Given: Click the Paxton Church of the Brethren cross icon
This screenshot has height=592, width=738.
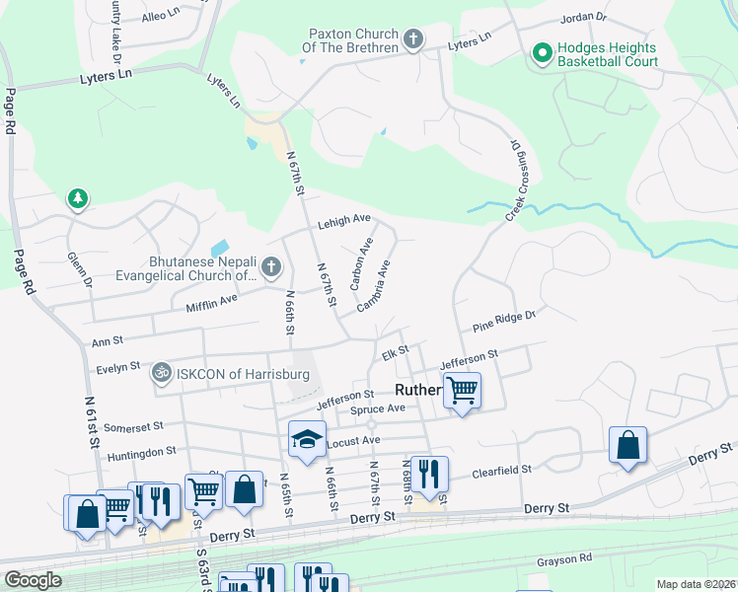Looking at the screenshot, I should coord(413,40).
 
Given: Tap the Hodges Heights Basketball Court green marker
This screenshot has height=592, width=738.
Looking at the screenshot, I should coord(542,52).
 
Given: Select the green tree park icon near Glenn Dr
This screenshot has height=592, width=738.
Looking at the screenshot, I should coord(77,199).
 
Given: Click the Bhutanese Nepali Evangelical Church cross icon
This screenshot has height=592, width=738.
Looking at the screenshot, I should coord(271,266).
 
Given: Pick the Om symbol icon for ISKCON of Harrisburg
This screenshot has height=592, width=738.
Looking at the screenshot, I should coord(160,374).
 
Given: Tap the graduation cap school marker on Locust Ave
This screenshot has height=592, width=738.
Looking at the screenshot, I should coord(307,439).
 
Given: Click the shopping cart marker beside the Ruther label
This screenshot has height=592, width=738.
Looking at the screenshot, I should coord(462,390).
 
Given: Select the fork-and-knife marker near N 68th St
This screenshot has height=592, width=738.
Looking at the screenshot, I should coord(429,475).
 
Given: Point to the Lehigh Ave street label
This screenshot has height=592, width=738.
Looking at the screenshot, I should coord(343,223).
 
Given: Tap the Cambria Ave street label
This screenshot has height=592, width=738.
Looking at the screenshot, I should coord(374,285).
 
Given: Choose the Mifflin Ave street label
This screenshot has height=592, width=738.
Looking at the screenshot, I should coord(214,303).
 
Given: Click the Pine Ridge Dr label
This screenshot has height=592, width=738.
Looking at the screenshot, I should coord(503,322).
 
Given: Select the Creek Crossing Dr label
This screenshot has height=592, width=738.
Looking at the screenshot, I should coord(514,180).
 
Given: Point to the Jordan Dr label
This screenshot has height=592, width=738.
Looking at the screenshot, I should coord(582,18).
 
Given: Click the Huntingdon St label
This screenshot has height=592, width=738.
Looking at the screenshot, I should coord(142,450).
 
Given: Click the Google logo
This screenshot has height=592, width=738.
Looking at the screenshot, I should coord(33,579).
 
